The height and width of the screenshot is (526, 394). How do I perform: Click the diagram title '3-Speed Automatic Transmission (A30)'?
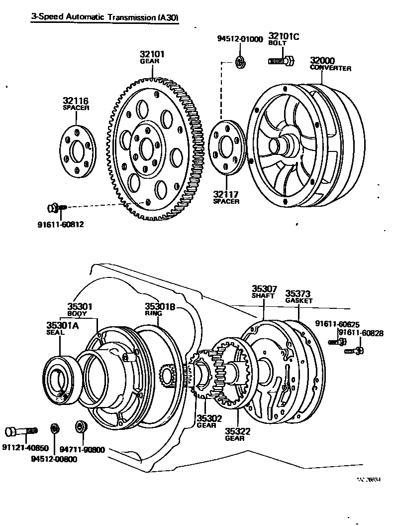pyautogui.click(x=105, y=17)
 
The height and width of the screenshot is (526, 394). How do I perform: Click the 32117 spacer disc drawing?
pyautogui.click(x=226, y=147)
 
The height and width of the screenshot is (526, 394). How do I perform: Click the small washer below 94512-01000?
pyautogui.click(x=240, y=62)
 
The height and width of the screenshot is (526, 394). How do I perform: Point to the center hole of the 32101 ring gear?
pyautogui.click(x=147, y=148)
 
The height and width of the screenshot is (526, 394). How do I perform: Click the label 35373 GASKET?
pyautogui.click(x=299, y=296)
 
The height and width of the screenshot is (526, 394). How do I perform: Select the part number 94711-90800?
pyautogui.click(x=85, y=449)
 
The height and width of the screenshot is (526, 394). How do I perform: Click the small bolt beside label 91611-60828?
pyautogui.click(x=355, y=351)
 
